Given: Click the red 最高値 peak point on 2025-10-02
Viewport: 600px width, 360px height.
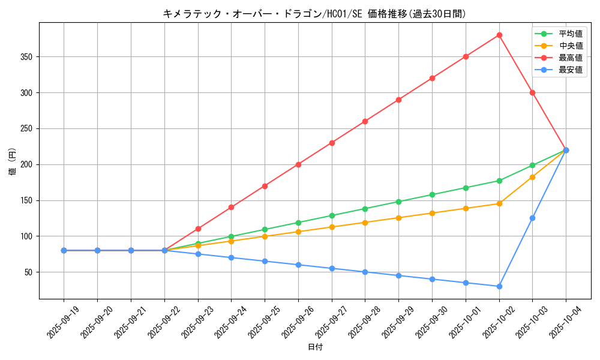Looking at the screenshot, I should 499,35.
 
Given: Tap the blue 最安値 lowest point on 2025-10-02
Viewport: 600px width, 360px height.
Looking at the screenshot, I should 499,286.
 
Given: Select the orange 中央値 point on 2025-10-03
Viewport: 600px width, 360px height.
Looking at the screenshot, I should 532,177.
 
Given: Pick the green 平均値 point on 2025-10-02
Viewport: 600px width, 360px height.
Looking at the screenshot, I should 499,181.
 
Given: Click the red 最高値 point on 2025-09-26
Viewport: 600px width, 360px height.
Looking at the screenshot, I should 298,164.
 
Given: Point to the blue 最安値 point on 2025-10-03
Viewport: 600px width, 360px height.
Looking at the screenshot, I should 532,218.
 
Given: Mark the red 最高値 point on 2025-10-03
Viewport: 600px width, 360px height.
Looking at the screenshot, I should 532,92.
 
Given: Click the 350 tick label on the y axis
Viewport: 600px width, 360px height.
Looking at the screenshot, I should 26,57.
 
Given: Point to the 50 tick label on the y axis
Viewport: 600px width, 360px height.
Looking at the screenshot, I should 29,272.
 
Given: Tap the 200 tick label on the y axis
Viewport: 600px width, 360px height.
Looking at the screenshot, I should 26,164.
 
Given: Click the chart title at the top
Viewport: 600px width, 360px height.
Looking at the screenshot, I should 314,14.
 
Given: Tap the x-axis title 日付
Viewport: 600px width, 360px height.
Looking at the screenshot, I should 314,347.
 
